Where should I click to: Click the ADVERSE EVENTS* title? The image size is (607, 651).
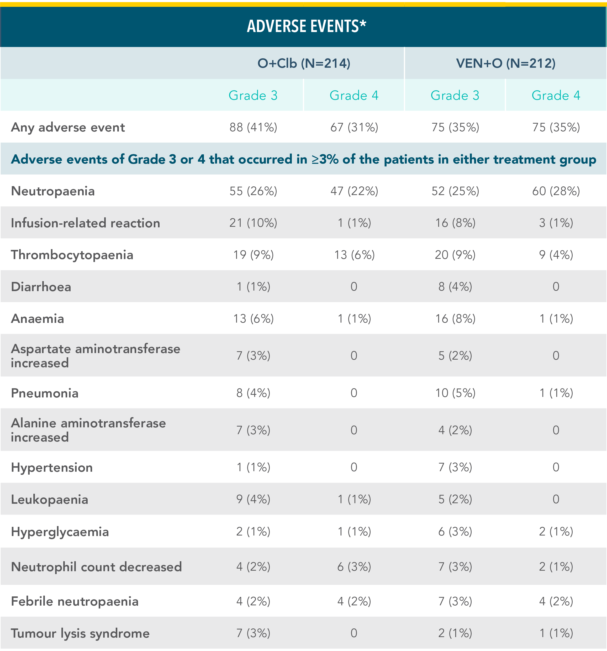pyautogui.click(x=307, y=26)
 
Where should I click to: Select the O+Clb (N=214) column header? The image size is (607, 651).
pyautogui.click(x=304, y=63)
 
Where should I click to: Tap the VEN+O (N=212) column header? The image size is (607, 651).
pyautogui.click(x=506, y=63)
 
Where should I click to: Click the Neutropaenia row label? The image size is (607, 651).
pyautogui.click(x=53, y=191)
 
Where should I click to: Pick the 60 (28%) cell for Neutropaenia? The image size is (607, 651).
pyautogui.click(x=556, y=191)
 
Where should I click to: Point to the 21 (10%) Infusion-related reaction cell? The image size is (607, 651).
pyautogui.click(x=253, y=223)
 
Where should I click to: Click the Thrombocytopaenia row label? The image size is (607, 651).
pyautogui.click(x=72, y=255)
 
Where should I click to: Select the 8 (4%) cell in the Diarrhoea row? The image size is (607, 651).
pyautogui.click(x=455, y=287)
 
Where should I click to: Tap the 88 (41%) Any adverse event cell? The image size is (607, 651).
pyautogui.click(x=253, y=127)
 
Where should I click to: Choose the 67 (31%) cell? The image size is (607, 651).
pyautogui.click(x=354, y=127)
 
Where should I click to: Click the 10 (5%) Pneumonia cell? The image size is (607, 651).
pyautogui.click(x=455, y=393)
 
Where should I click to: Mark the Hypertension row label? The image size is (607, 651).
pyautogui.click(x=52, y=467)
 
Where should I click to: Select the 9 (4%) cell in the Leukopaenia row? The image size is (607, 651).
pyautogui.click(x=253, y=499)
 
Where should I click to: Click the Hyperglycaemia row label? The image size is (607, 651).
pyautogui.click(x=60, y=532)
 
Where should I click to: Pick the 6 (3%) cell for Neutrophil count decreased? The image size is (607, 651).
pyautogui.click(x=354, y=567)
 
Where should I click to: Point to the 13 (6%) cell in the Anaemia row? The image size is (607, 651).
pyautogui.click(x=253, y=319)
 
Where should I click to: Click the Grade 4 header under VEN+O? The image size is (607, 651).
pyautogui.click(x=556, y=95)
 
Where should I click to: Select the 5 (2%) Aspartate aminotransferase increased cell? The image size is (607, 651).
pyautogui.click(x=455, y=356)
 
